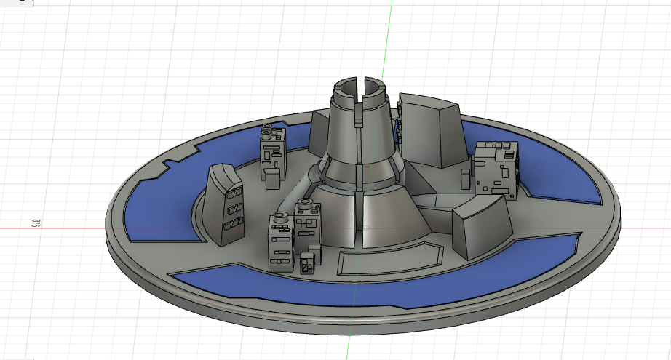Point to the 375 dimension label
[36, 223]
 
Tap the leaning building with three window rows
[224, 205]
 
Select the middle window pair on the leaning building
[234, 209]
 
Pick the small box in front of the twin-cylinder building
[272, 178]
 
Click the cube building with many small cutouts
[496, 169]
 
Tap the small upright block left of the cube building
[465, 179]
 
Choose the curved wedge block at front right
[483, 226]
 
